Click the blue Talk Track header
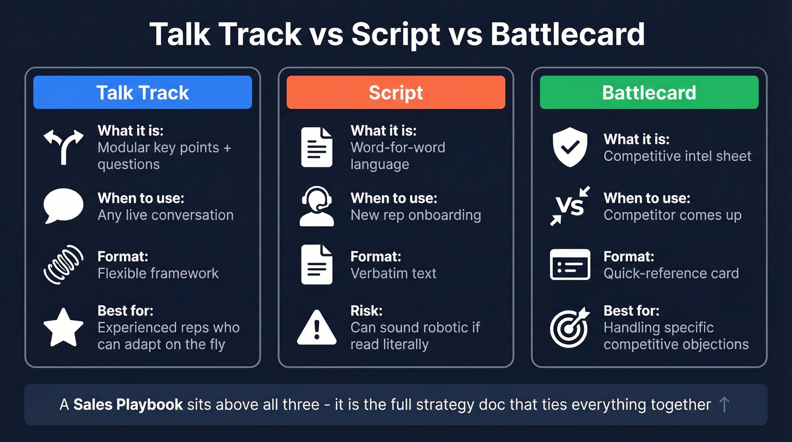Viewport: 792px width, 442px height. pyautogui.click(x=143, y=92)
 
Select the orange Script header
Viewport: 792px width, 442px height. pyautogui.click(x=395, y=92)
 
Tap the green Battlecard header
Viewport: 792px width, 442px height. pyautogui.click(x=649, y=92)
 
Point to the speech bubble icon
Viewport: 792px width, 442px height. pyautogui.click(x=63, y=206)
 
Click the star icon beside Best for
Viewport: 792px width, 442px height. pyautogui.click(x=63, y=327)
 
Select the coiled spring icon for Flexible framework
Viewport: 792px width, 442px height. pyautogui.click(x=63, y=264)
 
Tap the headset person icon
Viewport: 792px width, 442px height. pyautogui.click(x=317, y=206)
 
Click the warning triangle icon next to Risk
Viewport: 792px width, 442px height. pyautogui.click(x=317, y=327)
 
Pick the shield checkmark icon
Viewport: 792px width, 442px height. pyautogui.click(x=570, y=147)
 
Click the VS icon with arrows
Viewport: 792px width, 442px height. pyautogui.click(x=570, y=206)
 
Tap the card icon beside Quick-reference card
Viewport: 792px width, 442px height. pyautogui.click(x=570, y=264)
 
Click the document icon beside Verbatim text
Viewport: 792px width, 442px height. pyautogui.click(x=317, y=264)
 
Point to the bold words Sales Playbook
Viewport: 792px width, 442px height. pyautogui.click(x=128, y=405)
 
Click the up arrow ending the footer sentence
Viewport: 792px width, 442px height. pyautogui.click(x=724, y=404)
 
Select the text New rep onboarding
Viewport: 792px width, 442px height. pyautogui.click(x=416, y=215)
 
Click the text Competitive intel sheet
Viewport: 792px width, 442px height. pyautogui.click(x=677, y=156)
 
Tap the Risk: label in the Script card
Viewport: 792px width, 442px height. pyautogui.click(x=367, y=311)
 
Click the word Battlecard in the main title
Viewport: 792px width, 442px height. pyautogui.click(x=567, y=35)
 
